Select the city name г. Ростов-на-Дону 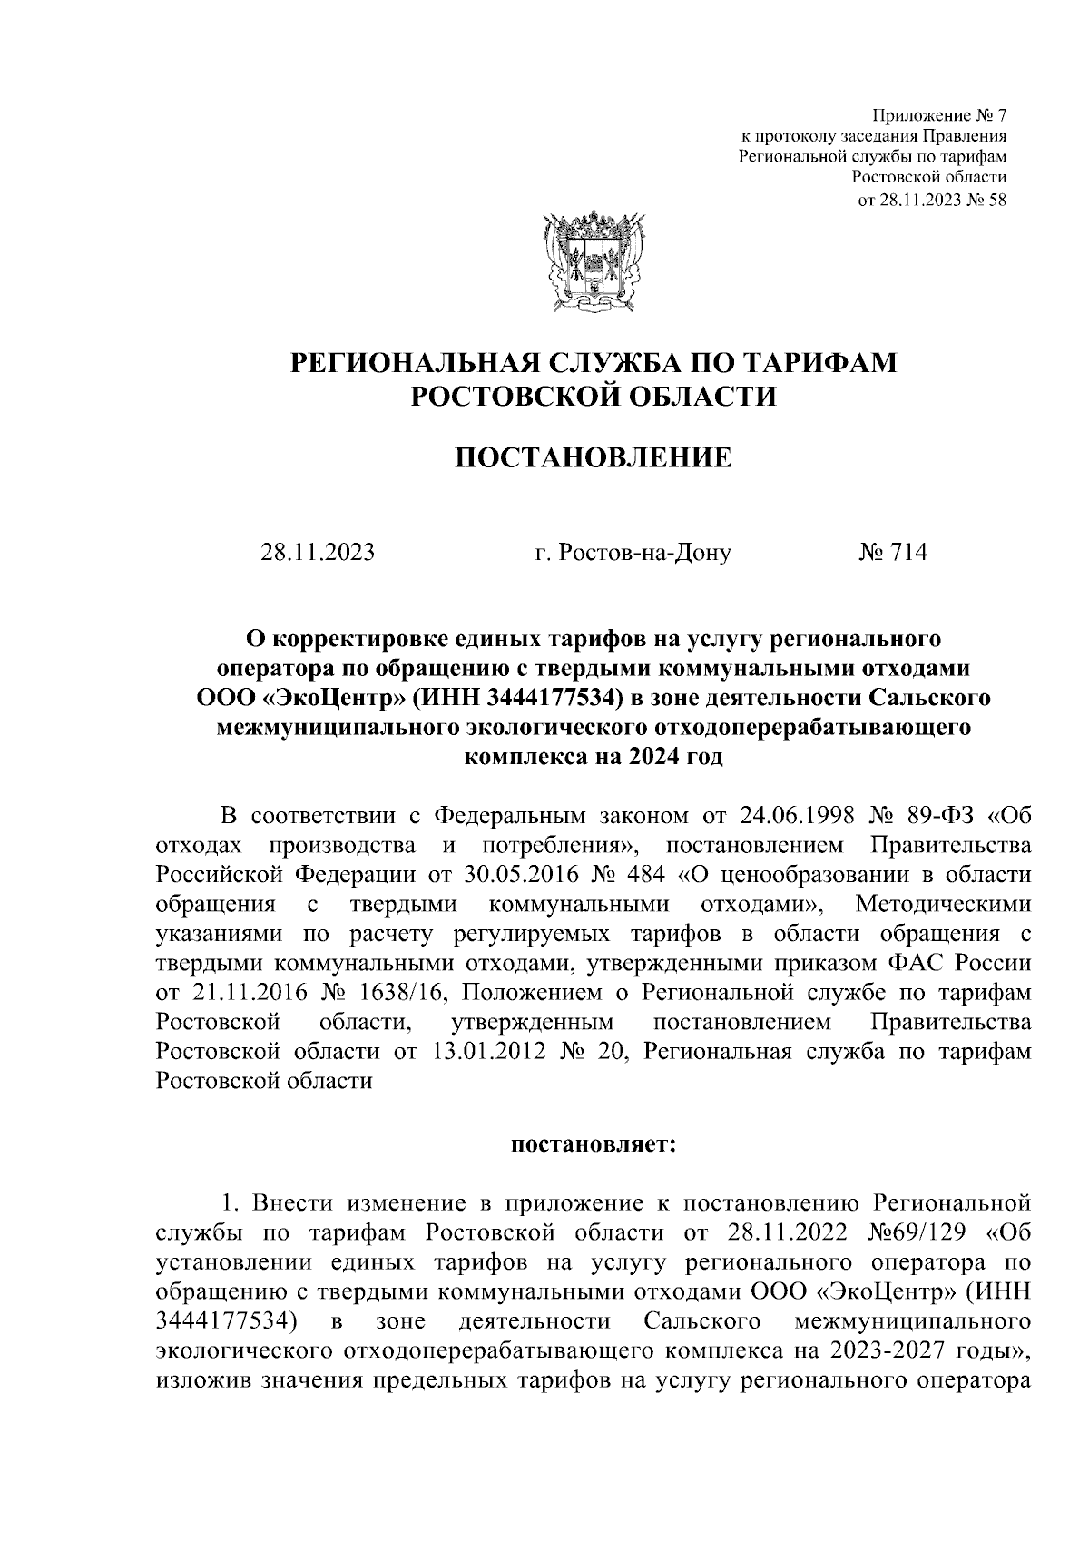pos(633,552)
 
